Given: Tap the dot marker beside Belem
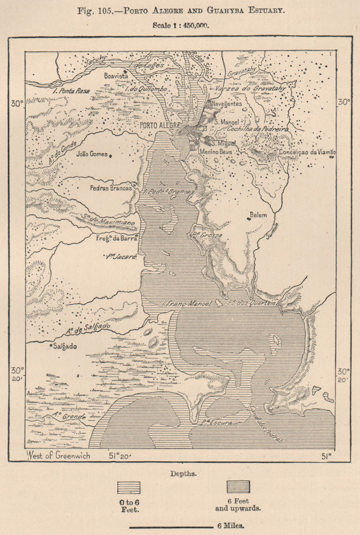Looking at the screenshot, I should tap(249, 217).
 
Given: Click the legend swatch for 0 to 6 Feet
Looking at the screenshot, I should tap(129, 487).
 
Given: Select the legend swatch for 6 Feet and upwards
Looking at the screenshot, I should tap(238, 487).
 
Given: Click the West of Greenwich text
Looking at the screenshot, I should tap(57, 456).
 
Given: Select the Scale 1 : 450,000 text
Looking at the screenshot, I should tap(180, 25).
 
